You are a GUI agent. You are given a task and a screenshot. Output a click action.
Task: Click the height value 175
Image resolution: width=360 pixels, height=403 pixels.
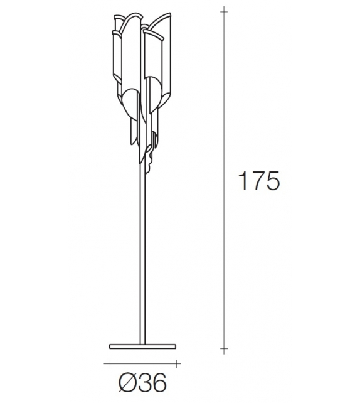point(258,181)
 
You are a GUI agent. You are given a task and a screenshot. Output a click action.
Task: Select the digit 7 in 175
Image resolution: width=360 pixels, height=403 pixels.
point(258,181)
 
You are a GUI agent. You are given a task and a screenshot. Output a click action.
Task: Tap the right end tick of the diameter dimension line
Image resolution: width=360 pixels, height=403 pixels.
point(179,363)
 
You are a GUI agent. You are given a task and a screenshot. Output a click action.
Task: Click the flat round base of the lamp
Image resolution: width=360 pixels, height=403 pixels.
point(144,345)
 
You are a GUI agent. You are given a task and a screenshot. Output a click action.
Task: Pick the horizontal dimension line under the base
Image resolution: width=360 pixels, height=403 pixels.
point(144,363)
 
